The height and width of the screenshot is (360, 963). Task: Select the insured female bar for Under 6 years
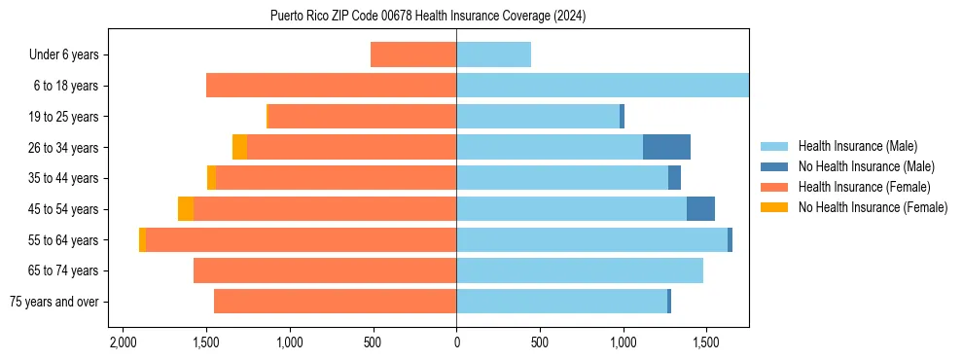click(x=413, y=54)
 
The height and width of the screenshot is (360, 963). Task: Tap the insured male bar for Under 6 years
click(x=493, y=54)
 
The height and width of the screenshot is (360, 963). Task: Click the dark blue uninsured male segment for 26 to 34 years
click(x=666, y=147)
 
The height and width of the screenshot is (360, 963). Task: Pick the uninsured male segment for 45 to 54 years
click(x=700, y=208)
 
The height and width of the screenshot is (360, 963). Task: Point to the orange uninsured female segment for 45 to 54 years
click(x=186, y=208)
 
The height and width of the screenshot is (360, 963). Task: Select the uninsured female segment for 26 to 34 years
click(x=239, y=147)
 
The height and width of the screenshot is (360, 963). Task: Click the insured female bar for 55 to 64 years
click(x=302, y=239)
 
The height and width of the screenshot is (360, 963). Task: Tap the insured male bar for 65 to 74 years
click(x=580, y=270)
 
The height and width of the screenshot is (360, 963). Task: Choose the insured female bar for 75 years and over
click(x=336, y=302)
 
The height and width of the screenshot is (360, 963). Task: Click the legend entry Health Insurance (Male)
click(x=857, y=146)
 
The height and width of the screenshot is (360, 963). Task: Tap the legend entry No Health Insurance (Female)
click(x=873, y=207)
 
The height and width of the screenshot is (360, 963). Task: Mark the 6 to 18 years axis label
click(x=66, y=86)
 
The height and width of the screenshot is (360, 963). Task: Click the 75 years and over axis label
click(x=54, y=302)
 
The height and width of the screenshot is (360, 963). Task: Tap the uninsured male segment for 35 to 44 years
click(x=674, y=178)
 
